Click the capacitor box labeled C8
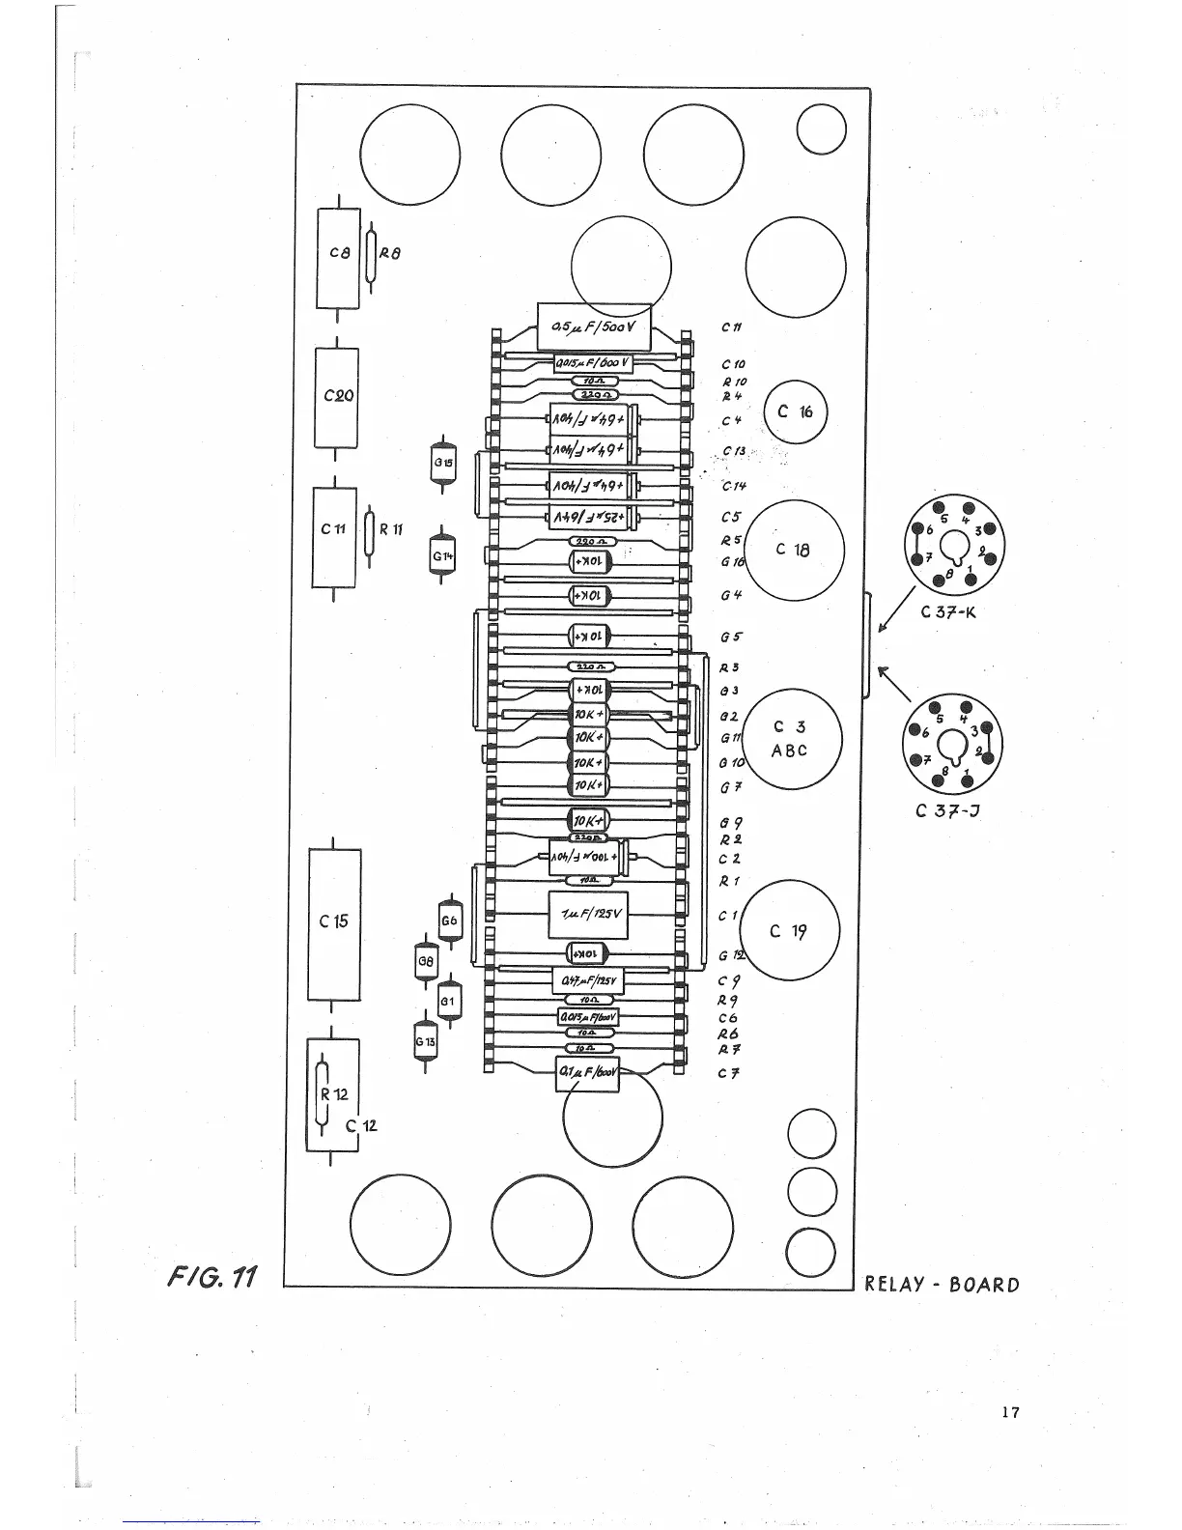(x=338, y=257)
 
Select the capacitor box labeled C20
(x=337, y=397)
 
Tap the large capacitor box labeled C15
(x=334, y=924)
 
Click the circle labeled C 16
(x=795, y=411)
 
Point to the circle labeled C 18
(x=795, y=551)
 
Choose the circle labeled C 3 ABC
(x=791, y=739)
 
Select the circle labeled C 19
(x=789, y=931)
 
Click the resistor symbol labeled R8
(x=370, y=254)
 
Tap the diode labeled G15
(x=442, y=462)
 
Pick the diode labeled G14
(x=442, y=556)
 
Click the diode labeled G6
(x=449, y=921)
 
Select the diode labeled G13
(x=425, y=1041)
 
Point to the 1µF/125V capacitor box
(x=588, y=913)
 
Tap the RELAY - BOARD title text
(x=942, y=1285)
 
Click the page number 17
(x=1010, y=1412)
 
